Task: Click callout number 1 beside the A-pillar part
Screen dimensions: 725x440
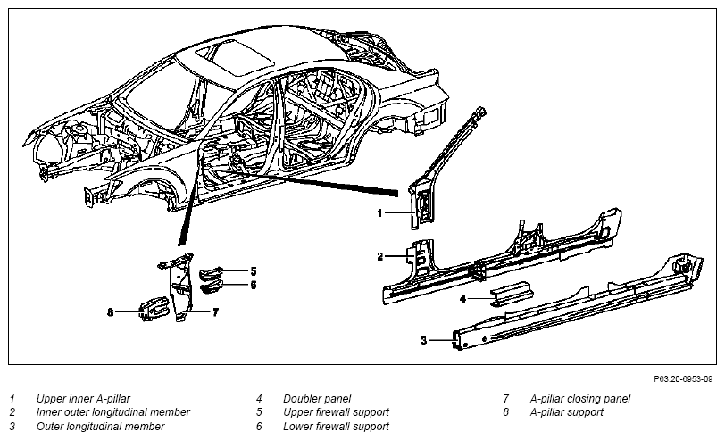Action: coord(380,213)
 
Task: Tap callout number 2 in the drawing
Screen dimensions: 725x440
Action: coord(380,256)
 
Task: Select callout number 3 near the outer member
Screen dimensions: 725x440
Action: coord(423,341)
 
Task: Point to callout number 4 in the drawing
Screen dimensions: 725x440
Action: coord(462,299)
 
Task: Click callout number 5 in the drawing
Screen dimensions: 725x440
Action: coord(254,271)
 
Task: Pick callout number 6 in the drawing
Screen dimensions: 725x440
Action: coord(254,286)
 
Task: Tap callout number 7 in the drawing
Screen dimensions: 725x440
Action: coord(215,313)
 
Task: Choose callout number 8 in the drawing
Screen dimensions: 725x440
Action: coord(110,313)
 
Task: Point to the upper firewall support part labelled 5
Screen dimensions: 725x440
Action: coord(212,273)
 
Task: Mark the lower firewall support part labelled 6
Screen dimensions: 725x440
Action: coord(212,286)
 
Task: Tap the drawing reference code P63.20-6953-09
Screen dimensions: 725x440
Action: coord(683,379)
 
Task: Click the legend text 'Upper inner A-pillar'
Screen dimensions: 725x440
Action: coord(83,399)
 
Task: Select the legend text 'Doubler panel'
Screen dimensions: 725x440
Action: coord(317,399)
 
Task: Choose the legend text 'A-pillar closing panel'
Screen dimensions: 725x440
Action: coord(579,399)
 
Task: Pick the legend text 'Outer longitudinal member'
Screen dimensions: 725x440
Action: coord(100,426)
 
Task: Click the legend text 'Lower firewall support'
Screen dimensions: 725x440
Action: coord(336,426)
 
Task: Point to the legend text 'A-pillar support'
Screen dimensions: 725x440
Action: coord(566,412)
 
